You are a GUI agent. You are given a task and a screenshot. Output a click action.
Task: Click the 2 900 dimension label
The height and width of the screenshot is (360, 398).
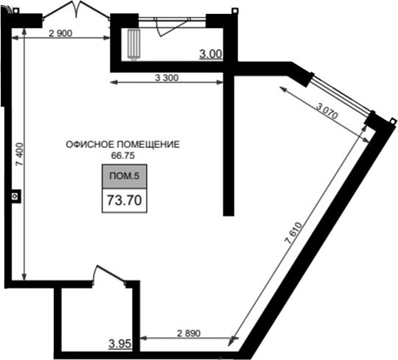click(60, 33)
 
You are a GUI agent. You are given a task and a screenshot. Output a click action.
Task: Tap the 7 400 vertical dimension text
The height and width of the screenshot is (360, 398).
click(19, 154)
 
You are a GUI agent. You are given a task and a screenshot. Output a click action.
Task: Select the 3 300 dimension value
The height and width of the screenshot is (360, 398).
click(167, 77)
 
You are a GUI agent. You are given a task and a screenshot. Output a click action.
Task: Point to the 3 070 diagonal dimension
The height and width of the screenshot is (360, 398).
click(327, 111)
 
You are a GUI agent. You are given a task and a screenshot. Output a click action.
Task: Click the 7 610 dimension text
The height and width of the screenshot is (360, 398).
click(294, 233)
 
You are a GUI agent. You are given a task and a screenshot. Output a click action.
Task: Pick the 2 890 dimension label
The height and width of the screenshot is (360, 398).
click(189, 333)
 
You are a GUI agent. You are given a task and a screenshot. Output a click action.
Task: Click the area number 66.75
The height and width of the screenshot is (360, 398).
click(123, 155)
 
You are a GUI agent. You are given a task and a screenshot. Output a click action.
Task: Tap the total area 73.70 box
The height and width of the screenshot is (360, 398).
click(125, 200)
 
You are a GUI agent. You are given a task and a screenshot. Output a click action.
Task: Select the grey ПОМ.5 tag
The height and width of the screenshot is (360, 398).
click(125, 176)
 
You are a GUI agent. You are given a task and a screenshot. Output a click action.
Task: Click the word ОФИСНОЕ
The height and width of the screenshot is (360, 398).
click(90, 144)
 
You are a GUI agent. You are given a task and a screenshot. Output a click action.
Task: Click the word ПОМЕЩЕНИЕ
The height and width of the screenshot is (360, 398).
click(148, 144)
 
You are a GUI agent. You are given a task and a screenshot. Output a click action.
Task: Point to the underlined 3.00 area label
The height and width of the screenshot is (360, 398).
click(211, 54)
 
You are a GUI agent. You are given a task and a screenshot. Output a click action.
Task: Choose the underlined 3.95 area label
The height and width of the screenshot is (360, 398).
click(120, 344)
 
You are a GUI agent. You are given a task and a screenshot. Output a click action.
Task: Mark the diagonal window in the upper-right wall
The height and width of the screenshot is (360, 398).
click(341, 94)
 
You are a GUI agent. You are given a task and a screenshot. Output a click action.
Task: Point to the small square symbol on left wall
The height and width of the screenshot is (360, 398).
click(15, 197)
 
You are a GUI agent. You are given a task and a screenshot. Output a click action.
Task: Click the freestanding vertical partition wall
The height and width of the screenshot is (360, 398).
click(228, 144)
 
